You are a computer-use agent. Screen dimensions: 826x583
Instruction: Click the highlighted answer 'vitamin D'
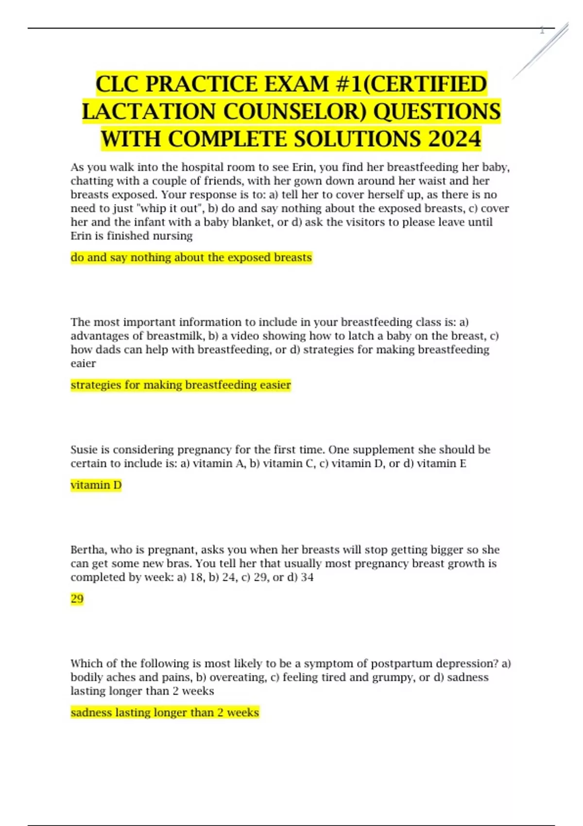click(96, 485)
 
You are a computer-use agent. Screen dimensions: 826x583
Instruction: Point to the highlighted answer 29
click(77, 599)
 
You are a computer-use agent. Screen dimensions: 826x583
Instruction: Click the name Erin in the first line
click(303, 167)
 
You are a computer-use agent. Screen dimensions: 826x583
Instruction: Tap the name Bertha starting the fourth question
click(87, 550)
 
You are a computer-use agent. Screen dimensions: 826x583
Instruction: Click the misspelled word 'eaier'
click(83, 363)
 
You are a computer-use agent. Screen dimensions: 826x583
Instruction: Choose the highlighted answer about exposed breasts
click(191, 258)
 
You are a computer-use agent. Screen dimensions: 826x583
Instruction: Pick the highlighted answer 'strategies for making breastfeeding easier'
click(180, 385)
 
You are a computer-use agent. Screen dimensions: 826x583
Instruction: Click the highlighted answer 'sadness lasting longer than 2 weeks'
click(165, 712)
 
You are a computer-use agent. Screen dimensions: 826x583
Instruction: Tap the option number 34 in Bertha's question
click(307, 577)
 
